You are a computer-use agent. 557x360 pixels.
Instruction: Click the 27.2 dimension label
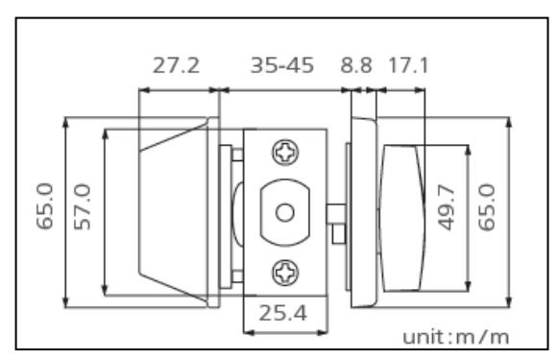coord(176,65)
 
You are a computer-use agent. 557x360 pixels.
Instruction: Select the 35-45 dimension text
coord(282,65)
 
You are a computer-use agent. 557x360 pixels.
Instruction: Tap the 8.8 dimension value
coord(356,65)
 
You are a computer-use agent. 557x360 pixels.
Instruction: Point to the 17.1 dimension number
coord(408,65)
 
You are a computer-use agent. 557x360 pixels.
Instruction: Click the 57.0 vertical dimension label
coord(83,206)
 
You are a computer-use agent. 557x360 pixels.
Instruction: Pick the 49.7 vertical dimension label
coord(447,207)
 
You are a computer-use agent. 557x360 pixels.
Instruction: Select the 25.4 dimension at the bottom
coord(282,314)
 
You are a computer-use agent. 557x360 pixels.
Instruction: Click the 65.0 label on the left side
coord(45,206)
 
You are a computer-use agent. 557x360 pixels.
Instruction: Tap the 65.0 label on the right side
coord(487,207)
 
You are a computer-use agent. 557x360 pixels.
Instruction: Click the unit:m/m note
coord(456,337)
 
